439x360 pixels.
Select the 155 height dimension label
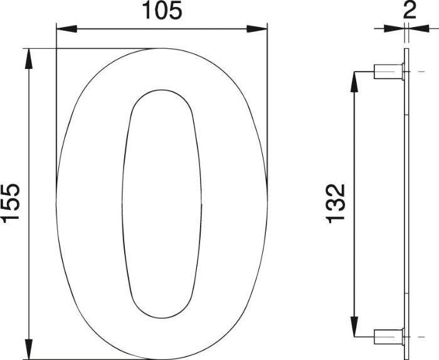(x=11, y=203)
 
